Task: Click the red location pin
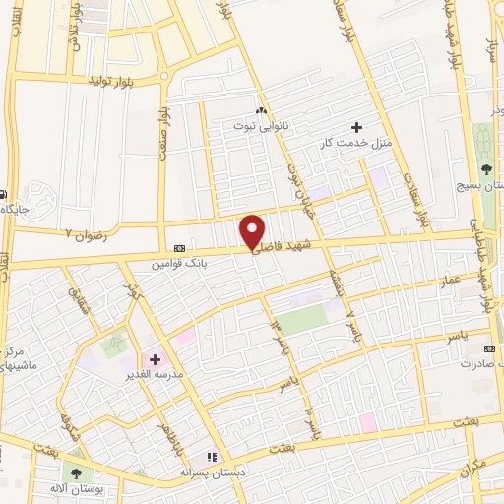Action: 252,230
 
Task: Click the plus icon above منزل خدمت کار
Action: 356,127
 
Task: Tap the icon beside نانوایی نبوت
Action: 260,110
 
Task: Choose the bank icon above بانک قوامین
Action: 179,248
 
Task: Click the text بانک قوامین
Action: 179,264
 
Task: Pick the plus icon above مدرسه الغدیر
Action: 155,359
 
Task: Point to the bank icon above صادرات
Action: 489,347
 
